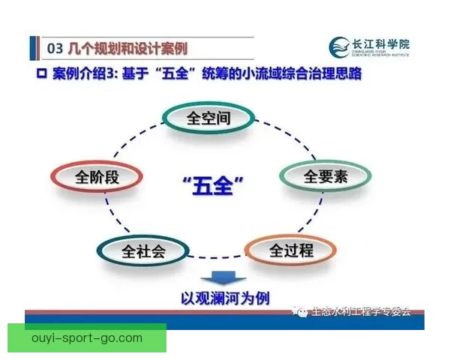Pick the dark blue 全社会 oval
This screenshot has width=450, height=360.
143,250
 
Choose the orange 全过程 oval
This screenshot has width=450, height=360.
280,250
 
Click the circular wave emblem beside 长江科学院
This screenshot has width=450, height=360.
338,47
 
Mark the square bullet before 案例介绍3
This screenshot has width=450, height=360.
42,76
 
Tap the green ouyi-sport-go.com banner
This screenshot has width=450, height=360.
87,337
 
